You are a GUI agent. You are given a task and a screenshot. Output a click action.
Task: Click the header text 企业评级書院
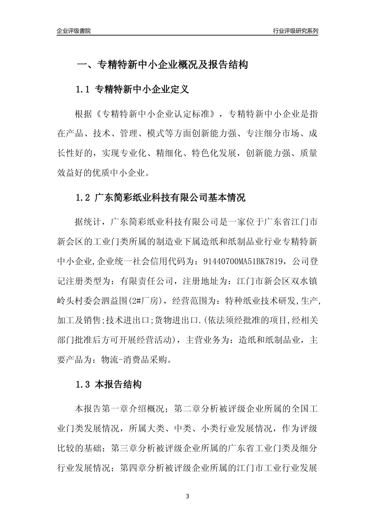point(74,31)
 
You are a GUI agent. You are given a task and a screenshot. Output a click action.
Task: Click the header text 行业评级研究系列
point(295,31)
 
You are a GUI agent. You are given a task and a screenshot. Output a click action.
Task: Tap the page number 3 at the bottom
point(187,496)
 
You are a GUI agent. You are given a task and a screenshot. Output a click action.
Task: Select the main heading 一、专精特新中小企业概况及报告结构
point(162,65)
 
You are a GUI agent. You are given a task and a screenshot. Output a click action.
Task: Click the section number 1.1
point(83,90)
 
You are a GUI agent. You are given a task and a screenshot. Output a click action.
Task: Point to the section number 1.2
point(83,198)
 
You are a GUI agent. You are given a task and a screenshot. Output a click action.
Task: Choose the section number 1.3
point(83,384)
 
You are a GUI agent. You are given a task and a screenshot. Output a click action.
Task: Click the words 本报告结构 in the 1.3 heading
point(118,384)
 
